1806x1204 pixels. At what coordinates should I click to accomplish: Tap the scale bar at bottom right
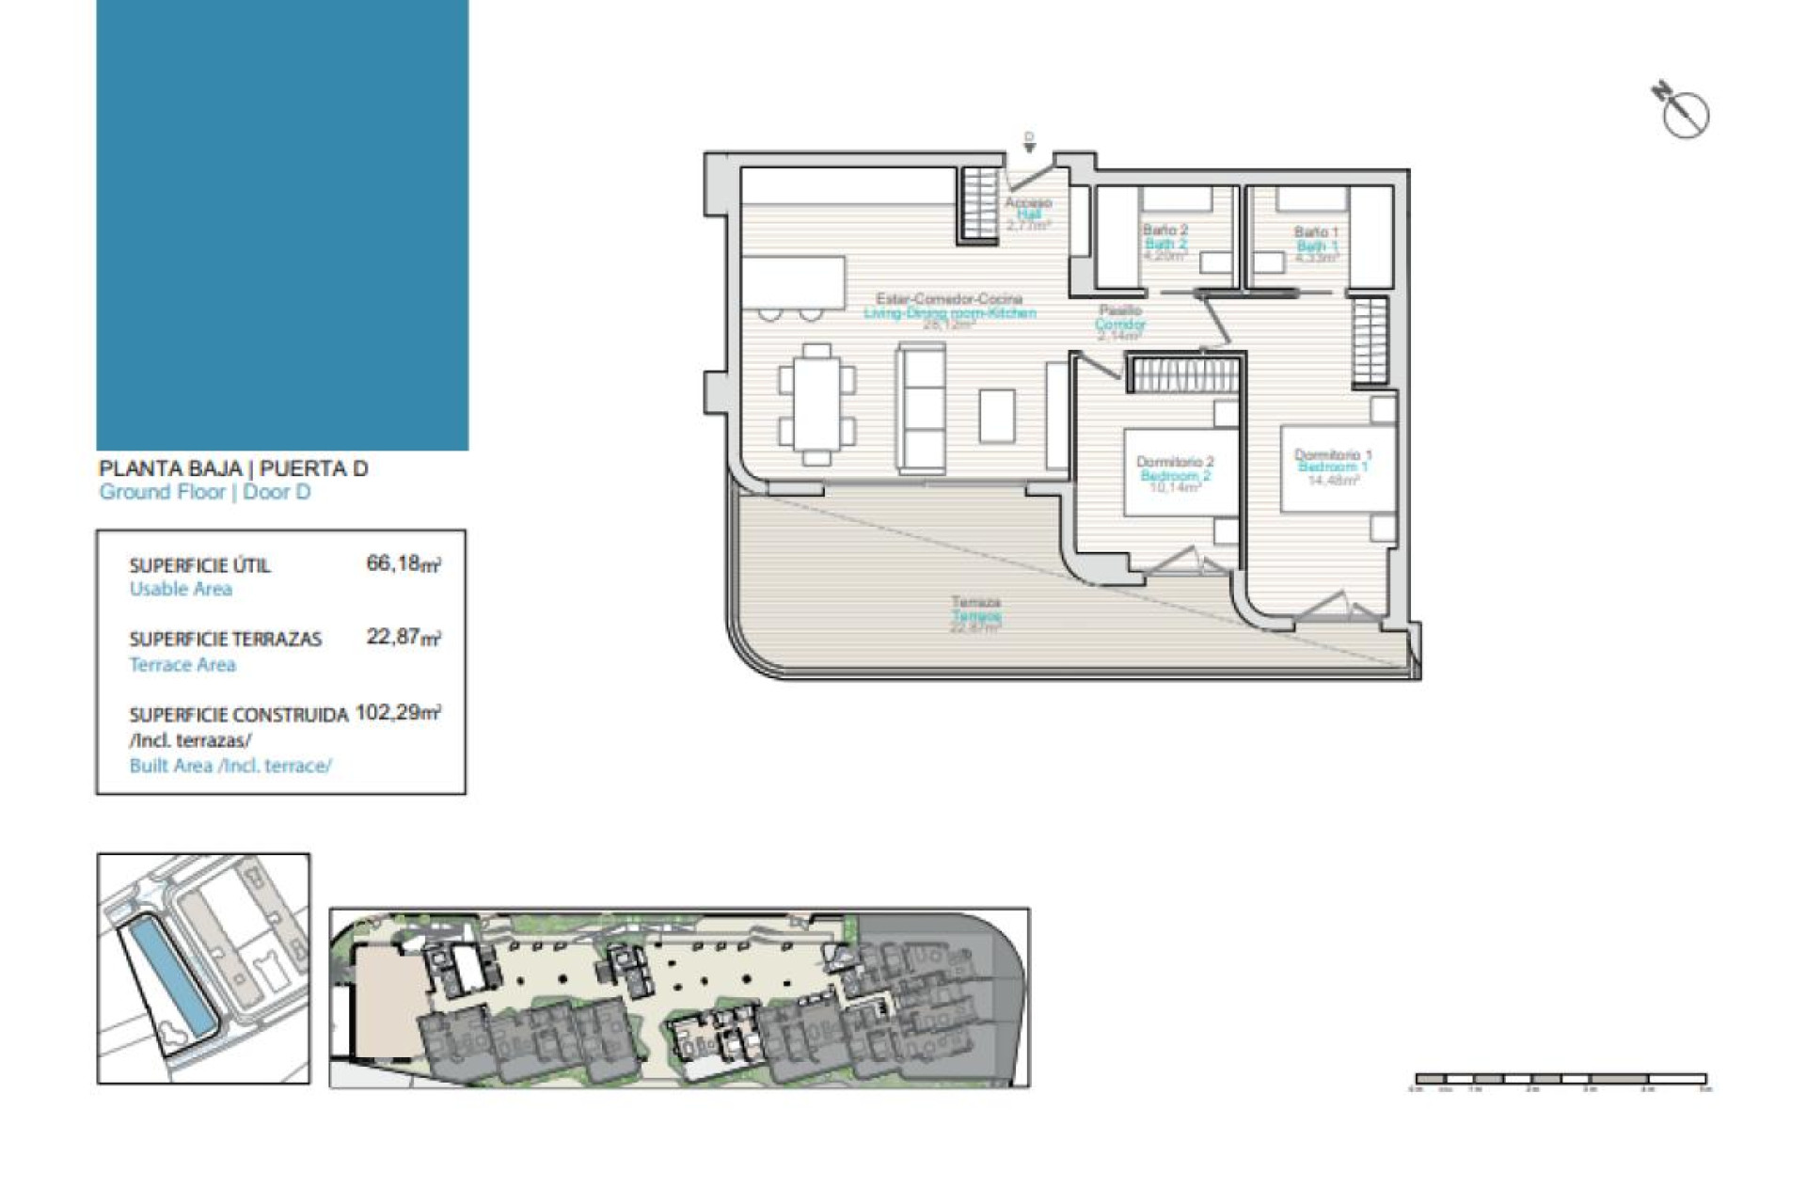tap(1560, 1079)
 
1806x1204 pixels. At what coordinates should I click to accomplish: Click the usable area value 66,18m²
tap(403, 563)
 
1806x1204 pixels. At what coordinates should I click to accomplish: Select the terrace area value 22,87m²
tap(403, 637)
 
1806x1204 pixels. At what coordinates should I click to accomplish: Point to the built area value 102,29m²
tap(397, 712)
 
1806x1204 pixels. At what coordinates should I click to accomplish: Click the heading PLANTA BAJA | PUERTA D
tap(233, 468)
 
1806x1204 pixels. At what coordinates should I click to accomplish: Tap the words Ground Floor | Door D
tap(205, 492)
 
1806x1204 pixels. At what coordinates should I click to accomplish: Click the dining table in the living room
tap(816, 404)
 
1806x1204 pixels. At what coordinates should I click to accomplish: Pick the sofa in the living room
tap(921, 405)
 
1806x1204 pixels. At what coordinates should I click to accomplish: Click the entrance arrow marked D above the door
tap(1029, 142)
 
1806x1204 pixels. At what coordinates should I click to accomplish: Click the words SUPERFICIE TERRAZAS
tap(226, 640)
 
